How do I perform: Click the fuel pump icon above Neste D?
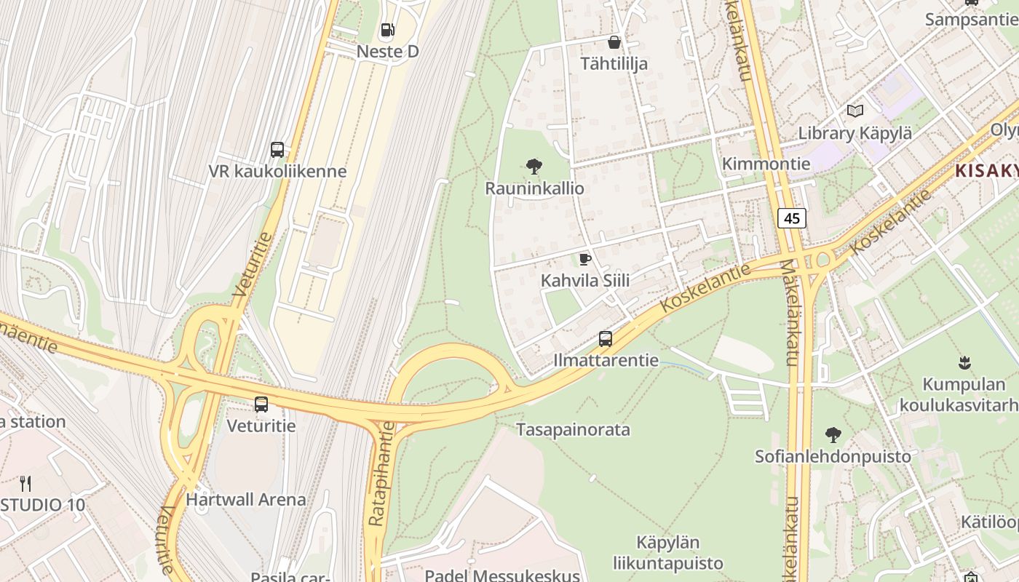click(x=388, y=30)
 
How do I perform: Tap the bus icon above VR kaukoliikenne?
click(x=277, y=150)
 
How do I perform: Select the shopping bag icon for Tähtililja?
click(x=614, y=42)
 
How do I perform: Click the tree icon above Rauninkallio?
click(x=534, y=167)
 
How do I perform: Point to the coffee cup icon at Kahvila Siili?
click(x=584, y=259)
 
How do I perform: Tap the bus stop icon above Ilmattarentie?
click(x=606, y=338)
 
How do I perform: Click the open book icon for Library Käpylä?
click(x=855, y=111)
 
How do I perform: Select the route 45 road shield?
click(x=792, y=218)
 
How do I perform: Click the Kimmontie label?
click(x=766, y=164)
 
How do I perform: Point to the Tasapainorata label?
click(x=573, y=429)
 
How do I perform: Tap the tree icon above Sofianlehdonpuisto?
click(x=833, y=435)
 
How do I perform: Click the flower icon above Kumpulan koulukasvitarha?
click(x=965, y=362)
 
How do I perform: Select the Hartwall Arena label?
click(x=246, y=500)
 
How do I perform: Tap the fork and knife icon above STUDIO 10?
click(x=25, y=483)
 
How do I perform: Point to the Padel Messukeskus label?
click(x=502, y=575)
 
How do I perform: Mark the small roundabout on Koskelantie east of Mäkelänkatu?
click(x=823, y=259)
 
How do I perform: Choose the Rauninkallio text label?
click(x=534, y=188)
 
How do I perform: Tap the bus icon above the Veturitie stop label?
click(x=261, y=404)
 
